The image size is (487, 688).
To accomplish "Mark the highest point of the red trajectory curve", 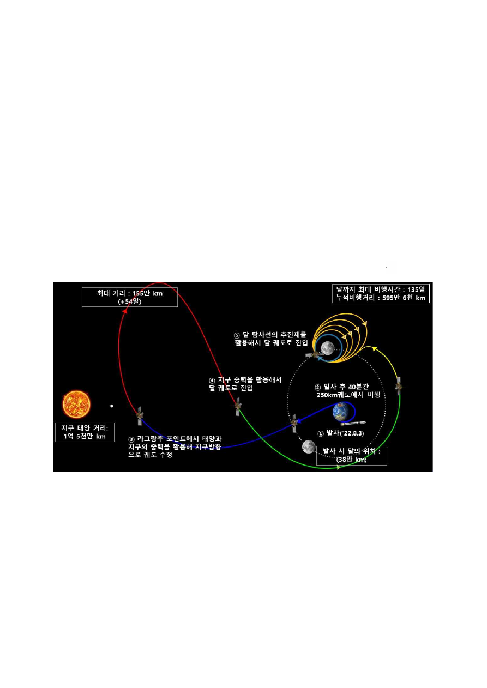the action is pyautogui.click(x=159, y=282).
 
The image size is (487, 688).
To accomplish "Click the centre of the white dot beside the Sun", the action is pyautogui.click(x=112, y=406).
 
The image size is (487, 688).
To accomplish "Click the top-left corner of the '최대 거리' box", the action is pyautogui.click(x=82, y=287).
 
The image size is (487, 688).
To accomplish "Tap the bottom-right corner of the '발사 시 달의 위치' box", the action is pyautogui.click(x=387, y=465).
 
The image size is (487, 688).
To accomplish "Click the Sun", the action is pyautogui.click(x=76, y=404).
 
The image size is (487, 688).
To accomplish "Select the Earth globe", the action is pyautogui.click(x=342, y=412).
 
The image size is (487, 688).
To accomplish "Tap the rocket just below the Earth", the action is pyautogui.click(x=353, y=423).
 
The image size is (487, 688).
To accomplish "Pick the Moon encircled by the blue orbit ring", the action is pyautogui.click(x=328, y=348).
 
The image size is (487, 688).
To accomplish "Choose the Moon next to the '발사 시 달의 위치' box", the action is pyautogui.click(x=309, y=446).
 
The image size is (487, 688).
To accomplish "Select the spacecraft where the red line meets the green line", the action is pyautogui.click(x=238, y=406).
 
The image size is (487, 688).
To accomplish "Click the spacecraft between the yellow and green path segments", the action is pyautogui.click(x=399, y=387).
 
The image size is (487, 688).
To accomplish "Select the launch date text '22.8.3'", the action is pyautogui.click(x=353, y=433).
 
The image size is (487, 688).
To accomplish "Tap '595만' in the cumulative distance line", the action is pyautogui.click(x=392, y=298).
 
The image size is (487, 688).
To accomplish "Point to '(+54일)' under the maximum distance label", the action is pyautogui.click(x=130, y=301).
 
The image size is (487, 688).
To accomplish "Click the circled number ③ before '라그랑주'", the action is pyautogui.click(x=131, y=439).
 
